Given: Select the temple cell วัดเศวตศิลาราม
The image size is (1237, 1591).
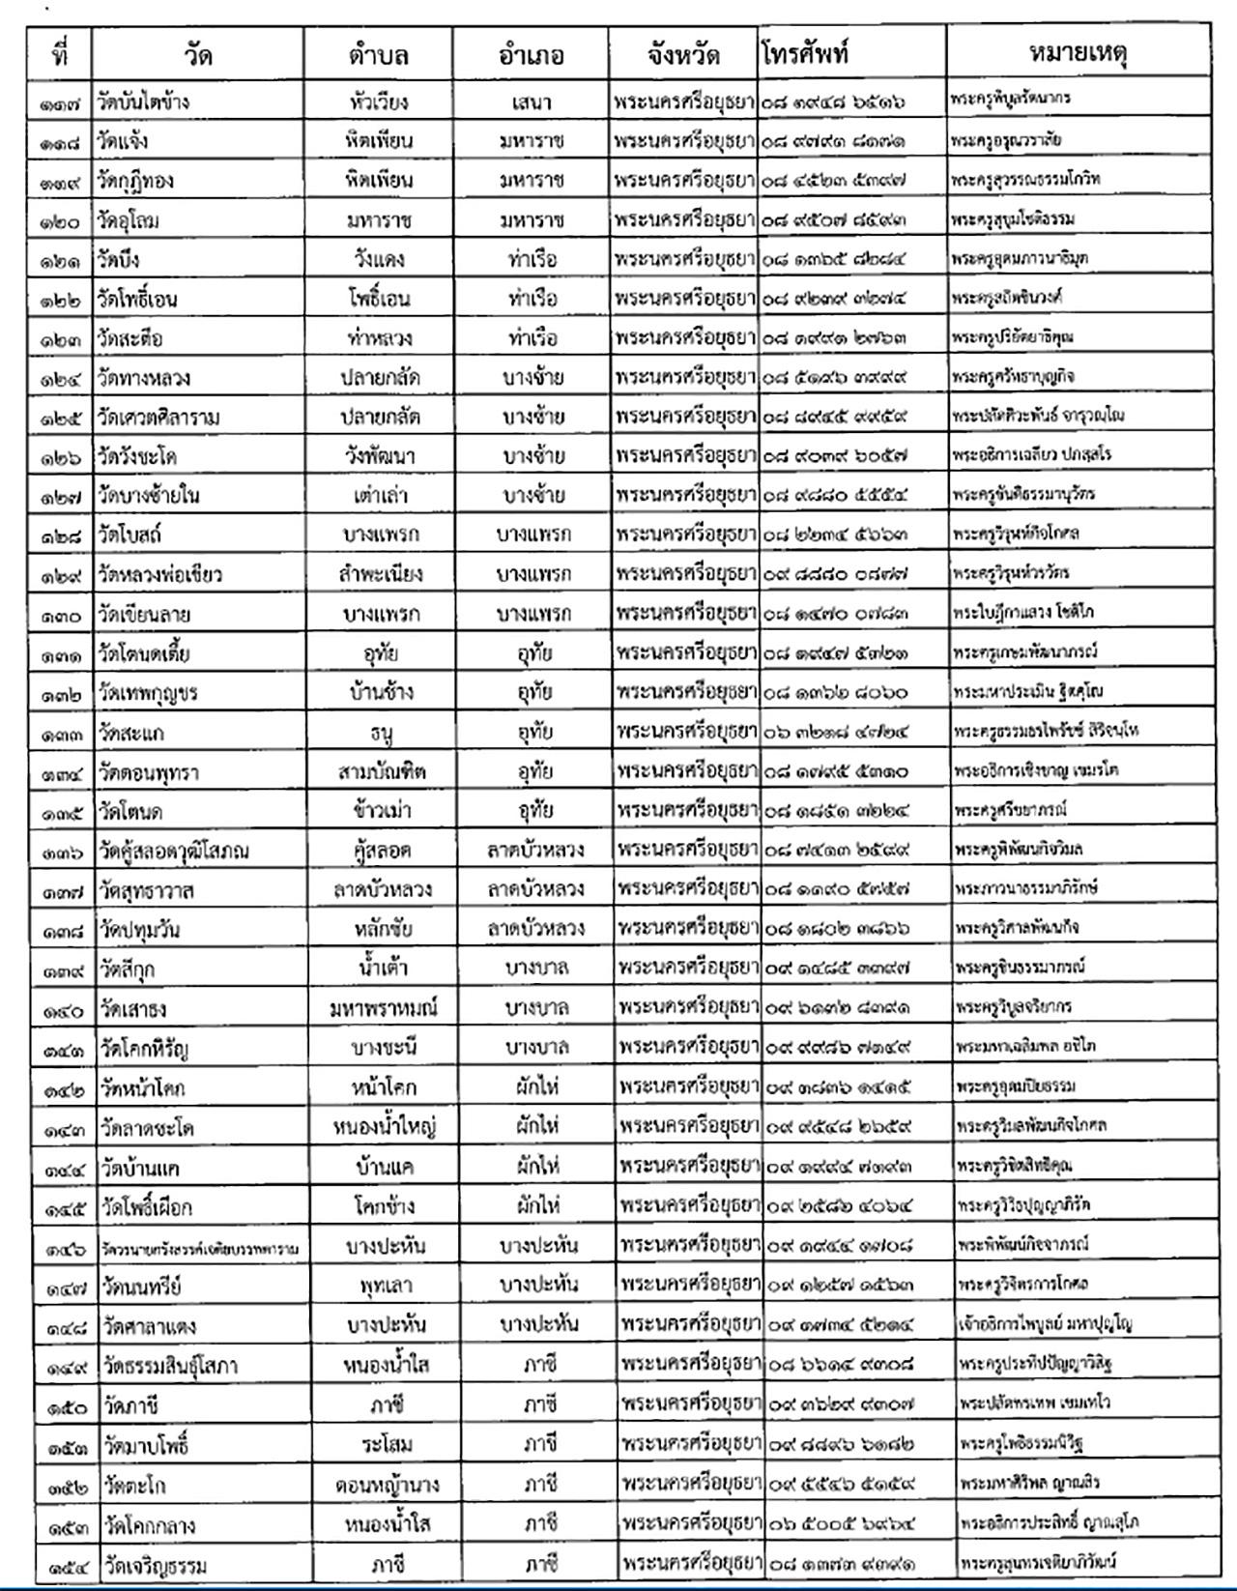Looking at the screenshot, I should [158, 418].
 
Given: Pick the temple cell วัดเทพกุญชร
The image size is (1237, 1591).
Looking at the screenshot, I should [148, 693].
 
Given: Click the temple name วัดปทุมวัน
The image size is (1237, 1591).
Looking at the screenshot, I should [139, 930].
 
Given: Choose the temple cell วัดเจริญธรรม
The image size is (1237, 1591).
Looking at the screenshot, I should [155, 1564].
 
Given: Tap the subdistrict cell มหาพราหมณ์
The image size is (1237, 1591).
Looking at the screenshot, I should [383, 1008].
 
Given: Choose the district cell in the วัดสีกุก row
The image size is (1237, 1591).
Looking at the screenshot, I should [536, 969].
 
